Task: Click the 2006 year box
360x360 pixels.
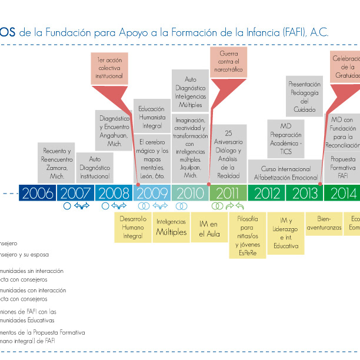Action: click(x=38, y=192)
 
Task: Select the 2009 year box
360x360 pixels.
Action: click(x=152, y=192)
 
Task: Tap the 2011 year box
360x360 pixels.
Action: click(x=227, y=192)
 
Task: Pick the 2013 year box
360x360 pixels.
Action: click(x=304, y=192)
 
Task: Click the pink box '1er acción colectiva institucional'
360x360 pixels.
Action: click(x=109, y=68)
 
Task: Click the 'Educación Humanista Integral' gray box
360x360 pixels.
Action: click(x=152, y=117)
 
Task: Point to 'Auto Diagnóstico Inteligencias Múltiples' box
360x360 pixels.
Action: click(x=189, y=92)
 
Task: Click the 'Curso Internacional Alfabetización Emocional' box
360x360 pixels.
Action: click(x=285, y=172)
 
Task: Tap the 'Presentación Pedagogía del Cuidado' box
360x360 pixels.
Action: click(x=304, y=96)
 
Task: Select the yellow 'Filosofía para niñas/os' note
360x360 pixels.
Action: click(x=247, y=235)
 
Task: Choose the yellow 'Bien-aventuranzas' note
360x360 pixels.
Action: click(x=323, y=222)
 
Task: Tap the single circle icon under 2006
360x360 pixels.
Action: click(x=67, y=206)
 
